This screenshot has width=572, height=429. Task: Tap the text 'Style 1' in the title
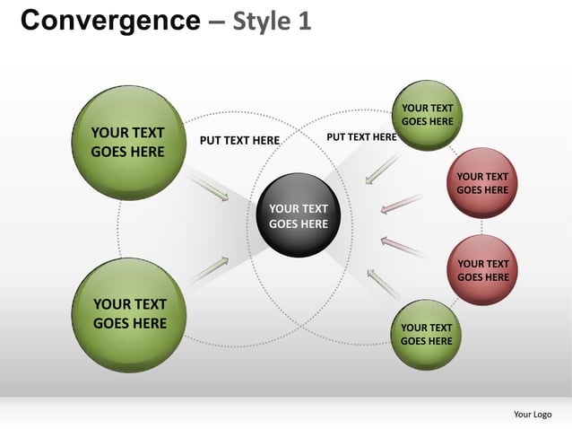tap(272, 21)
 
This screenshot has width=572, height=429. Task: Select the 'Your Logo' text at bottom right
tap(533, 414)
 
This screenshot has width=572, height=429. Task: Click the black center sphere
tap(299, 215)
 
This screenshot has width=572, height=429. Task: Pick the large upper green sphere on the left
tap(129, 143)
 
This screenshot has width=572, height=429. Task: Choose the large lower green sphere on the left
tap(129, 314)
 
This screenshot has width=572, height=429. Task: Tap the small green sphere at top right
tap(427, 114)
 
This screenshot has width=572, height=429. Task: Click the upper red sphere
tap(482, 182)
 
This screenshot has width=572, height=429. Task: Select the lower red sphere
tap(482, 270)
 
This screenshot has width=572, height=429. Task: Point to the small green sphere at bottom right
tap(426, 334)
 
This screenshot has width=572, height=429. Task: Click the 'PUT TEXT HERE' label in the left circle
tap(239, 140)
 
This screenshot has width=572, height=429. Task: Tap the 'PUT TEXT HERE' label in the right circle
tap(361, 137)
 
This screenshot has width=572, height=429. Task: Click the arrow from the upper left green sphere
tap(209, 188)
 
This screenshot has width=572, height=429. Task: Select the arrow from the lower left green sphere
tap(208, 269)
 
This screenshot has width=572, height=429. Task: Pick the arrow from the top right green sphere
tap(383, 169)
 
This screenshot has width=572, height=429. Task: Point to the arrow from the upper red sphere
tap(402, 204)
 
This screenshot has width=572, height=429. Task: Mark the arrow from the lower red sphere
tap(402, 246)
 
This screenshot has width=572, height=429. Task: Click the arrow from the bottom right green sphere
tap(383, 283)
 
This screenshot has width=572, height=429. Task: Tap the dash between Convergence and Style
tap(216, 22)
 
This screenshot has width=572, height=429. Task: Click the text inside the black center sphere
tap(299, 216)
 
